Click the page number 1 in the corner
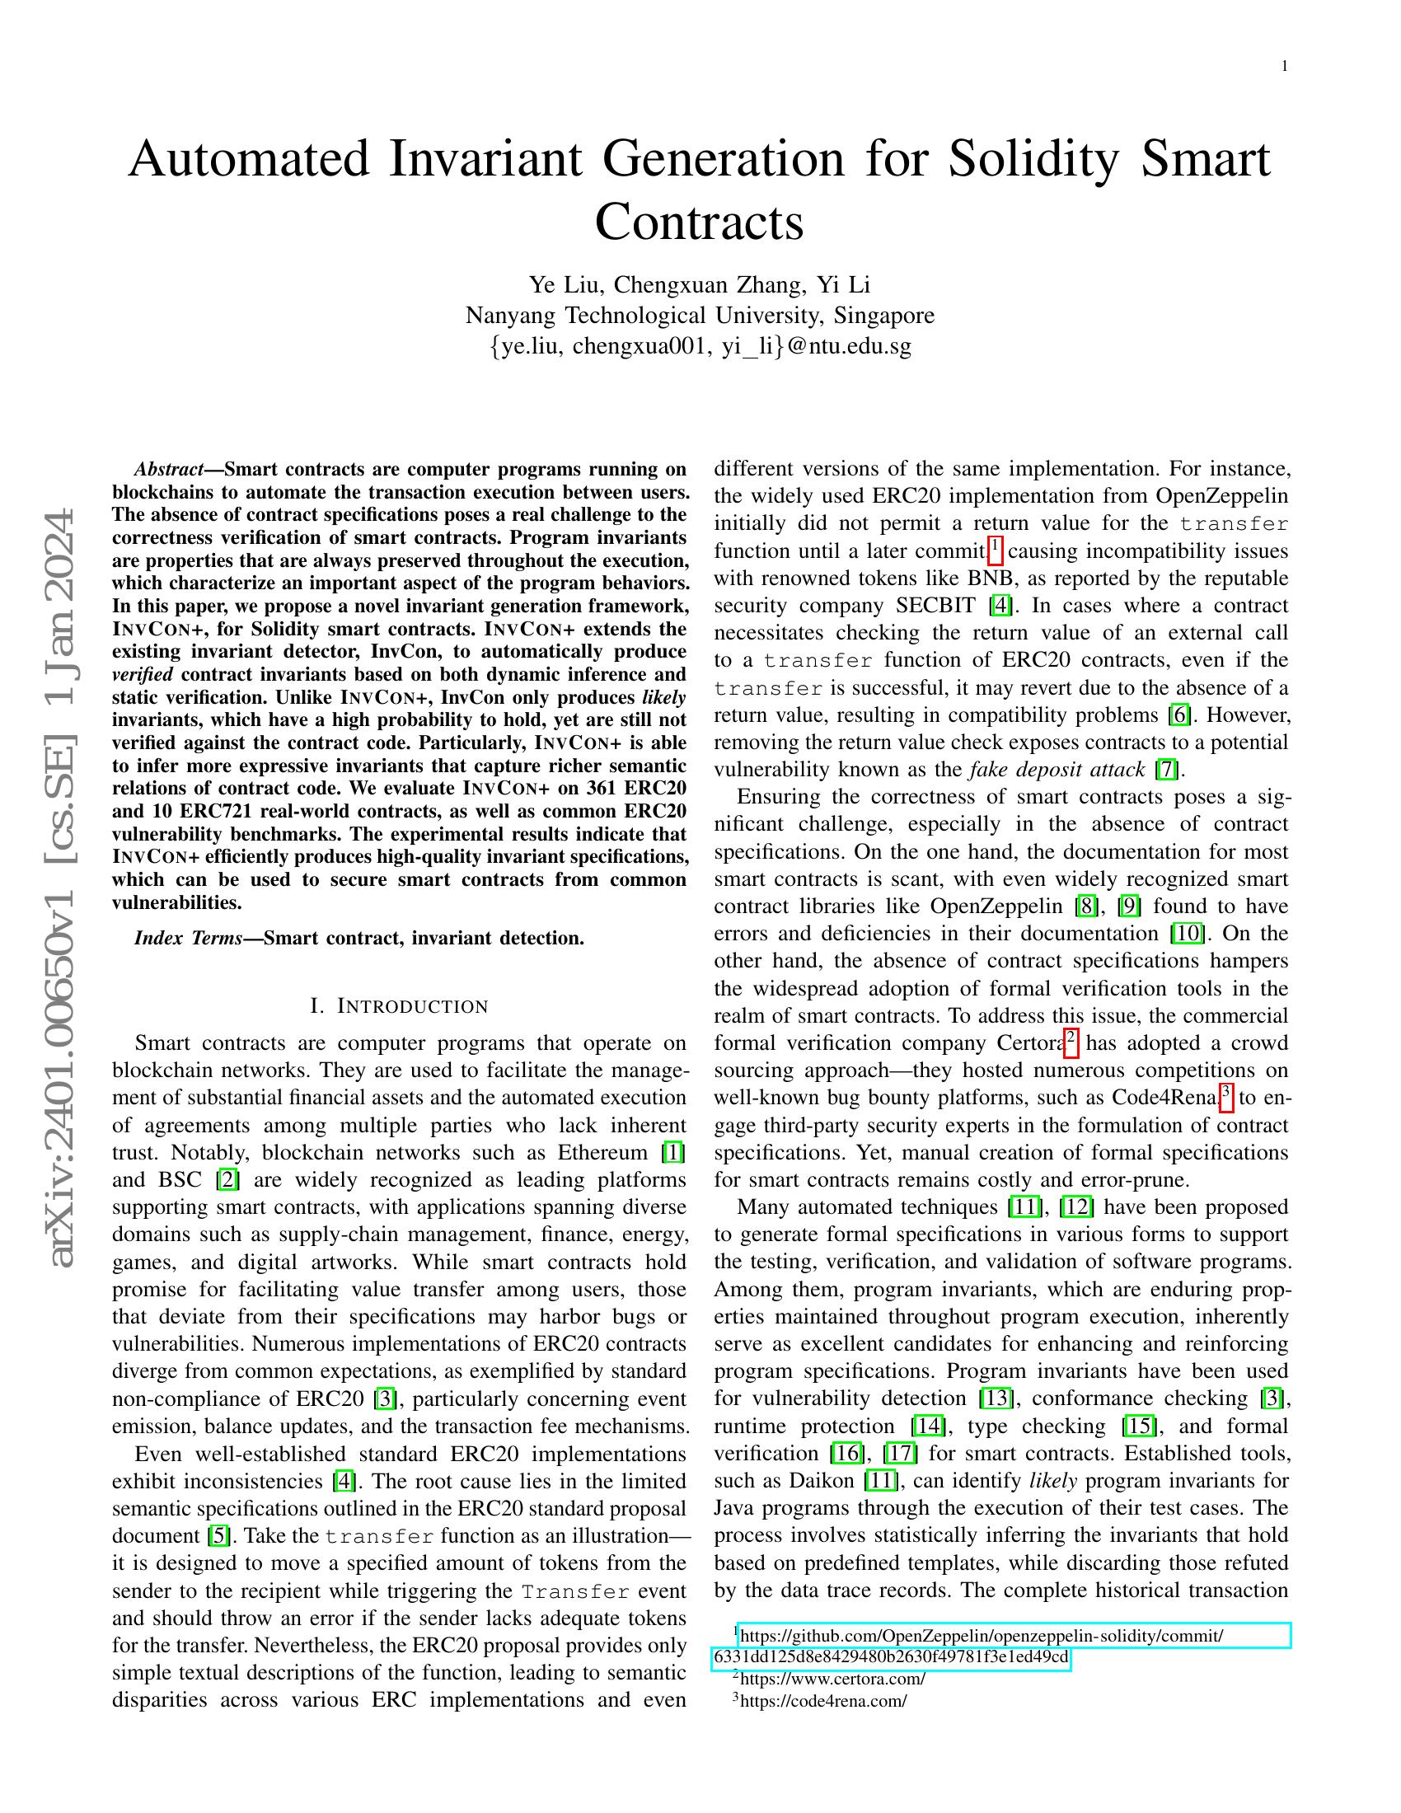pyautogui.click(x=1285, y=67)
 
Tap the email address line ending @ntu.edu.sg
pyautogui.click(x=700, y=346)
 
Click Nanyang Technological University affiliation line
pyautogui.click(x=700, y=316)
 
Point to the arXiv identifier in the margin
pyautogui.click(x=63, y=888)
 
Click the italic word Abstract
pyautogui.click(x=169, y=469)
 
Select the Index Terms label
pyautogui.click(x=188, y=938)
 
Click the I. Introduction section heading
pyautogui.click(x=399, y=1006)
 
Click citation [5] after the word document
pyautogui.click(x=218, y=1536)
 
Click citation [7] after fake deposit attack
pyautogui.click(x=1166, y=770)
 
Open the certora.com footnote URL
pyautogui.click(x=832, y=1679)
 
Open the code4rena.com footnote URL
pyautogui.click(x=822, y=1700)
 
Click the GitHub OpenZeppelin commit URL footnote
pyautogui.click(x=979, y=1636)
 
